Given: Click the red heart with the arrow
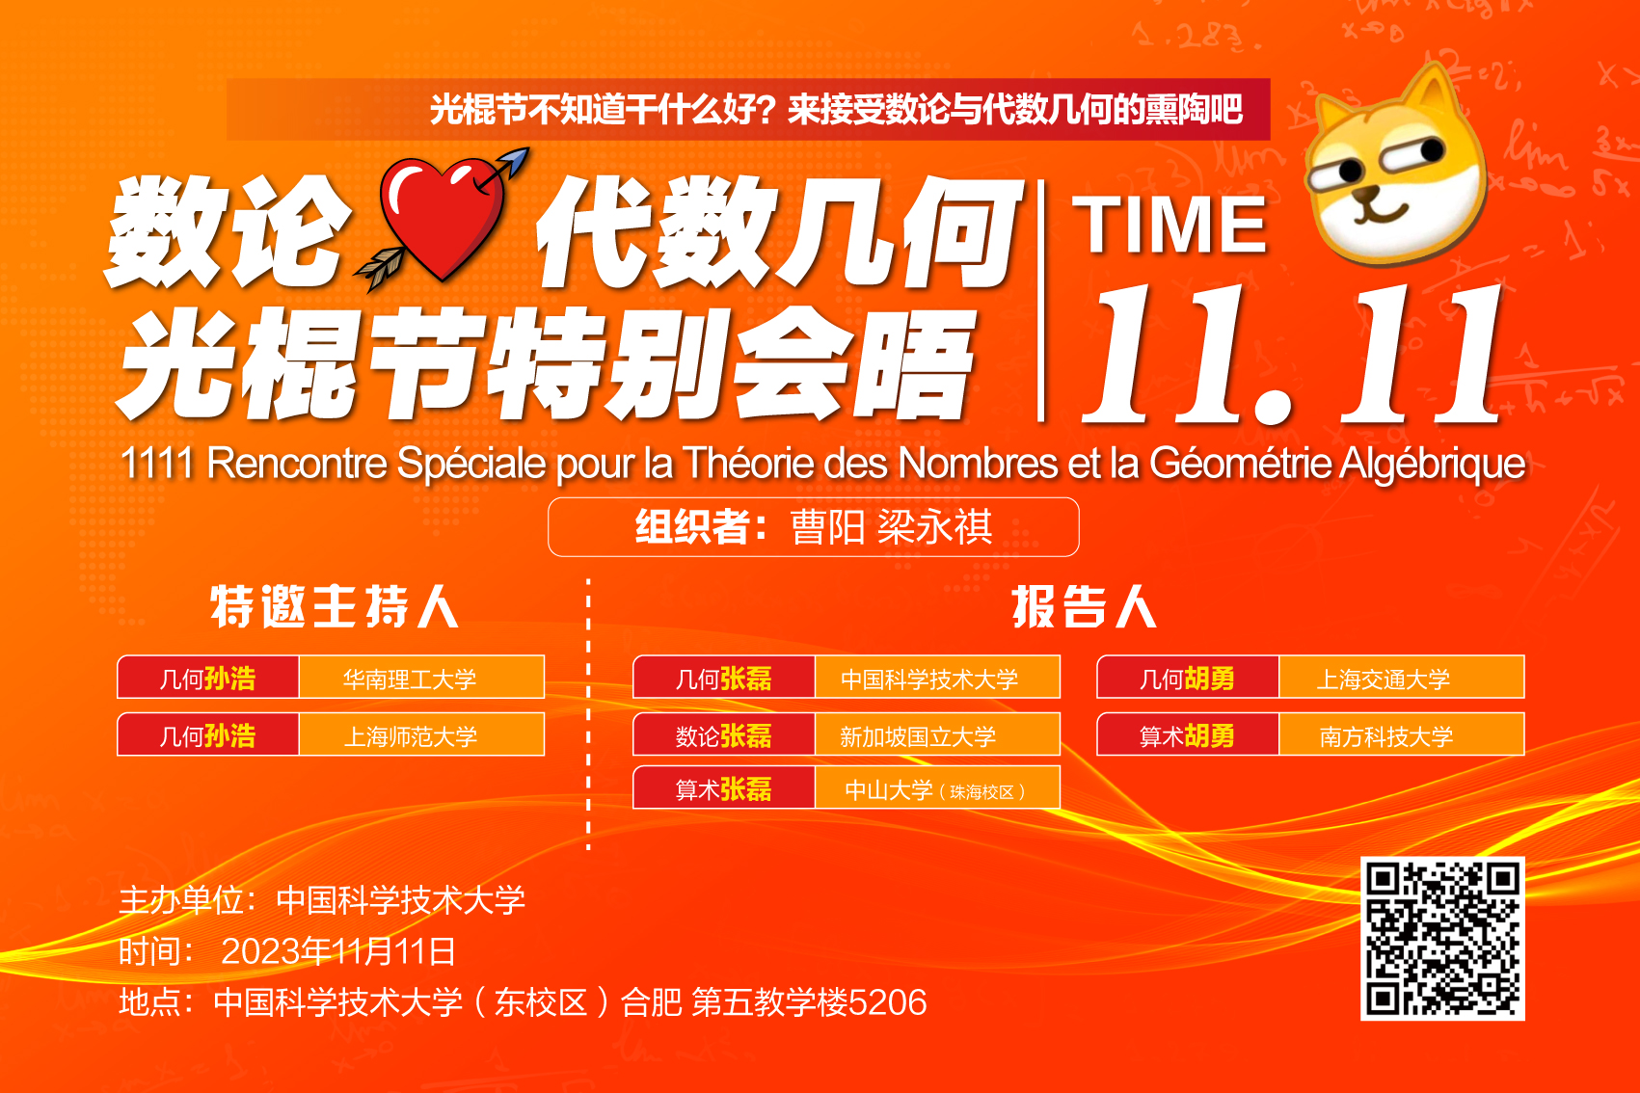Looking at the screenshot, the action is click(x=442, y=220).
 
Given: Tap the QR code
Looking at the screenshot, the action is click(x=1442, y=939).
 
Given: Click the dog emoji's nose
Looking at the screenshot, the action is click(x=1363, y=195).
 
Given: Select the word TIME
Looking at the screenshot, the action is click(x=1170, y=225).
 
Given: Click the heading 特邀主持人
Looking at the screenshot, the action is click(x=335, y=607).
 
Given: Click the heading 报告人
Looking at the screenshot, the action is click(x=1085, y=607).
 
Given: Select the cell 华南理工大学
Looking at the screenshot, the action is click(x=421, y=678).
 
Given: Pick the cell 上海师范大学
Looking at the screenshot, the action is click(x=421, y=734).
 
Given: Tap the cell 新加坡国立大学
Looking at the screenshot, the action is click(x=937, y=734).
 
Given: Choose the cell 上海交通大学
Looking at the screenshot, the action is click(x=1401, y=678).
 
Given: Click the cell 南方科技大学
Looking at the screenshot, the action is click(x=1401, y=734).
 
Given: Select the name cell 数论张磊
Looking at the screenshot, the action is click(x=724, y=734).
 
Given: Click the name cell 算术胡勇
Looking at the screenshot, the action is click(x=1188, y=734).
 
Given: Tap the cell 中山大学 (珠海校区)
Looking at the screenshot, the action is click(x=937, y=787).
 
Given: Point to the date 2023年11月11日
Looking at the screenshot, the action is click(x=338, y=951).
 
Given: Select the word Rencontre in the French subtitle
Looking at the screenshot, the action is click(x=297, y=464).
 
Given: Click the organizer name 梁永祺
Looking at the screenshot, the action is click(x=935, y=527).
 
